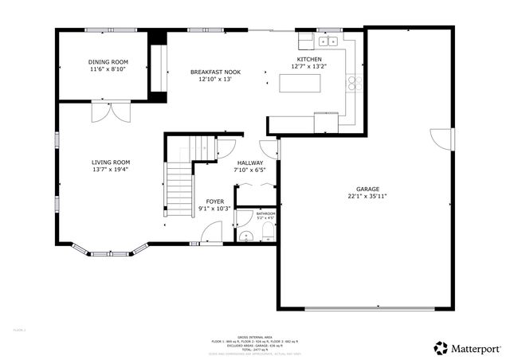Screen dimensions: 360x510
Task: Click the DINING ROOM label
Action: point(108,62)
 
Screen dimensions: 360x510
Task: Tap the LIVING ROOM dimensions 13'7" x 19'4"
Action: point(110,169)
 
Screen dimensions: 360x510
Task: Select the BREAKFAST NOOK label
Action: point(215,72)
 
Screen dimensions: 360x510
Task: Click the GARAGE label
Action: point(367,189)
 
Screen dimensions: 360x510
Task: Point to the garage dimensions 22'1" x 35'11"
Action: point(367,196)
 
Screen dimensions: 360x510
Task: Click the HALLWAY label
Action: point(249,162)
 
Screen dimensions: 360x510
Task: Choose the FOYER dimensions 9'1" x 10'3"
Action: point(214,209)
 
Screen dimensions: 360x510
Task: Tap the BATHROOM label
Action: point(265,213)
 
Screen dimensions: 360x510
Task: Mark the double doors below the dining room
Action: point(108,112)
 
